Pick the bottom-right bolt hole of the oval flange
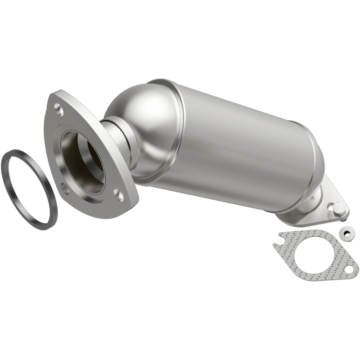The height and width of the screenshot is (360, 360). (118, 194)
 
